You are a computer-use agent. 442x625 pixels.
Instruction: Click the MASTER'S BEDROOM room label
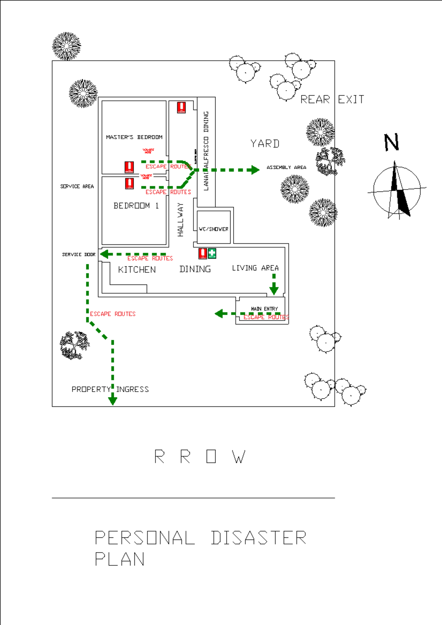[134, 137]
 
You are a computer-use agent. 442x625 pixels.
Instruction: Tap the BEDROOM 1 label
[136, 205]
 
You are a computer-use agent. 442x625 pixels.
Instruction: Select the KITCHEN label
[137, 270]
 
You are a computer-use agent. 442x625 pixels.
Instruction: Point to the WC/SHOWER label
[214, 229]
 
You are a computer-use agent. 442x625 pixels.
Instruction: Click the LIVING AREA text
[255, 268]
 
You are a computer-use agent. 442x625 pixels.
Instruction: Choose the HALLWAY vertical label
[180, 220]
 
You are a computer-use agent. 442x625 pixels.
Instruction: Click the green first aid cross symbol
[212, 253]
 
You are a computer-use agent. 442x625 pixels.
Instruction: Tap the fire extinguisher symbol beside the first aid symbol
[203, 253]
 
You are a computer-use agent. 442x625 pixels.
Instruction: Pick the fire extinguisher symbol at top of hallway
[181, 107]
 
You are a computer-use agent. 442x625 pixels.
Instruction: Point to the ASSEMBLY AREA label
[286, 167]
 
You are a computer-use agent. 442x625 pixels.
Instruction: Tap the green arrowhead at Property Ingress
[113, 400]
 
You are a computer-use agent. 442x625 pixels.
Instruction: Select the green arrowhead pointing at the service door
[105, 254]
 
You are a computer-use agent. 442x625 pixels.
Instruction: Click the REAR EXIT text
[332, 99]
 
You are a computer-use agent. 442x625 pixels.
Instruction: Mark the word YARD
[265, 144]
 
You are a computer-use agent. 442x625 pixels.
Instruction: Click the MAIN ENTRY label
[264, 308]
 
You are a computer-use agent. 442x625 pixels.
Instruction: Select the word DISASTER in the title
[259, 538]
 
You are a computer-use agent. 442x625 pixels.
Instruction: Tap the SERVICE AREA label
[77, 186]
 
